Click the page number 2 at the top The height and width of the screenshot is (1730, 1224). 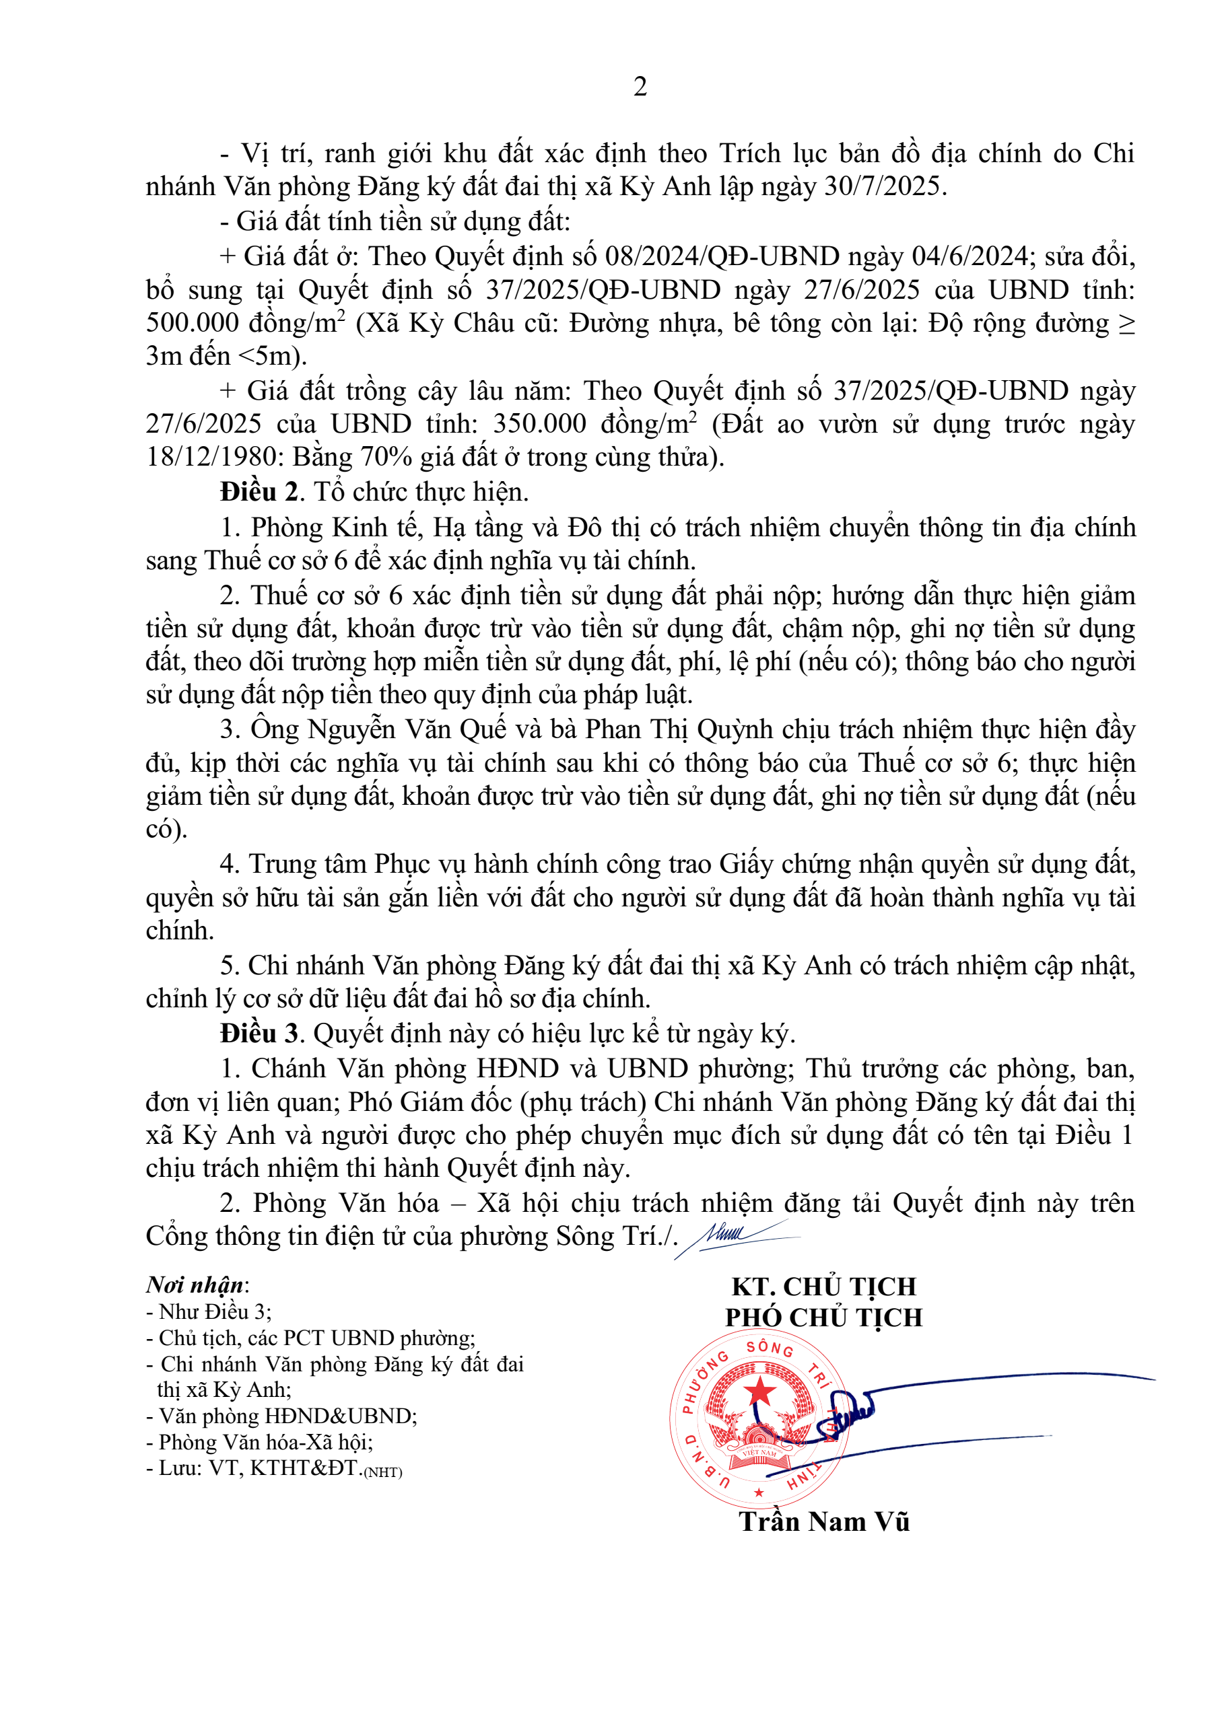pyautogui.click(x=640, y=87)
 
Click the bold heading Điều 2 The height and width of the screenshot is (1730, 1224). pyautogui.click(x=259, y=492)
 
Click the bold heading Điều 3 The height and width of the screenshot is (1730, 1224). pyautogui.click(x=259, y=1033)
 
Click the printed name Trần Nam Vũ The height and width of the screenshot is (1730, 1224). pyautogui.click(x=824, y=1521)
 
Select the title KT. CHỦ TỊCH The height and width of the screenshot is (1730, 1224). pyautogui.click(x=824, y=1286)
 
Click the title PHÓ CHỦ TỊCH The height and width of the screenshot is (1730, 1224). pyautogui.click(x=824, y=1317)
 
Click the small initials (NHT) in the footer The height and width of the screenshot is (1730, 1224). pyautogui.click(x=383, y=1472)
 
